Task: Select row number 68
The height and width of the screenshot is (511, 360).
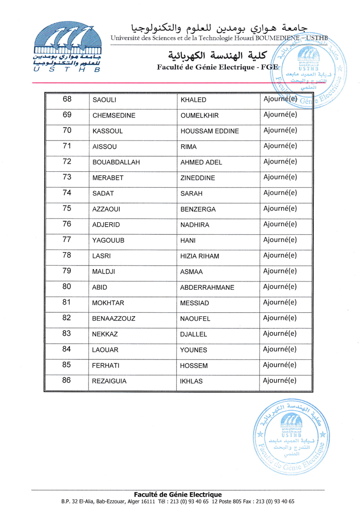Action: point(67,100)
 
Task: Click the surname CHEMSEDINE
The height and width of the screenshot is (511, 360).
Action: point(114,116)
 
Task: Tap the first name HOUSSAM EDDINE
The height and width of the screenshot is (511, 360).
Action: point(209,131)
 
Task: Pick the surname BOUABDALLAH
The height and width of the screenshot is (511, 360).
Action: point(116,163)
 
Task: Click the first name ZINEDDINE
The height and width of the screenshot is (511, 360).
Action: point(197,178)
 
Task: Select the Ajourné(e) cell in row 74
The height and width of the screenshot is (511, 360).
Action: point(280,193)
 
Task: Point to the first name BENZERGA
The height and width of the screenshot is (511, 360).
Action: point(198,209)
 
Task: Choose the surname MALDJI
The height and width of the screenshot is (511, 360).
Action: point(104,272)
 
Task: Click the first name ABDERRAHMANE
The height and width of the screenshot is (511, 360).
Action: point(207,288)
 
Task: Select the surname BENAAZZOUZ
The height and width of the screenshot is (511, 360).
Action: point(114,319)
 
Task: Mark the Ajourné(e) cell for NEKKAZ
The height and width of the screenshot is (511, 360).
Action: point(280,333)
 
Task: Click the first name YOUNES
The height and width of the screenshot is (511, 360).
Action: point(193,350)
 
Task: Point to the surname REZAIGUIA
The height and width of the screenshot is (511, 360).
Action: point(109,381)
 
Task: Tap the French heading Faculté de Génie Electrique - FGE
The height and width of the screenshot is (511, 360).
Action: point(218,67)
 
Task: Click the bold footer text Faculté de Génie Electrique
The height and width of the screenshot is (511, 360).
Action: point(178,495)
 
